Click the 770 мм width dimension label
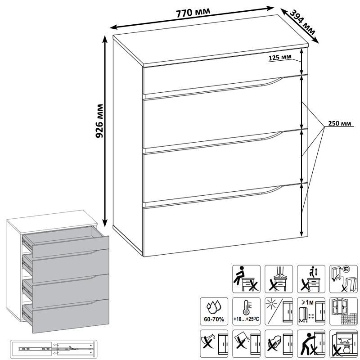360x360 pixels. point(193,13)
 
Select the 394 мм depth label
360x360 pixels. point(302,22)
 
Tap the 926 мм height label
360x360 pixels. point(99,121)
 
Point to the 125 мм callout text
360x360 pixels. point(280,58)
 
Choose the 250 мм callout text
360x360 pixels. point(340,123)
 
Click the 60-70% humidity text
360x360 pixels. point(214,319)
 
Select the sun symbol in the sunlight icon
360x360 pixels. point(272,304)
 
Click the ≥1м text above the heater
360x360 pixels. point(306,302)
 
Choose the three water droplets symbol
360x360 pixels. point(214,307)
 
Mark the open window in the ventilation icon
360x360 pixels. point(339,307)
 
